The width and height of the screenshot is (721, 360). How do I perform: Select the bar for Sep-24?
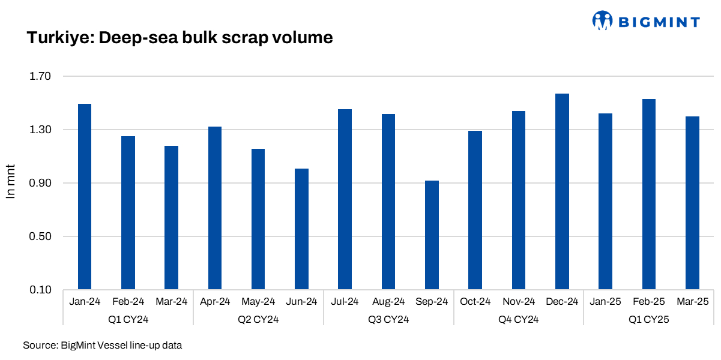tap(432, 235)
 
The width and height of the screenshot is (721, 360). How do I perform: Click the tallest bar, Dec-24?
tap(562, 192)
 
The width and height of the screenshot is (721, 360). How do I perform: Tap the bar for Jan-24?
tap(85, 197)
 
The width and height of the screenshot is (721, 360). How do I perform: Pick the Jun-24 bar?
tap(301, 229)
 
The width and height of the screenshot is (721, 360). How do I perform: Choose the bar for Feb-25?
tap(649, 194)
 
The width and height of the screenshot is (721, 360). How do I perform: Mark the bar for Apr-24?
tap(215, 208)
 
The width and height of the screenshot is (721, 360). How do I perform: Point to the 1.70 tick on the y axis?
tap(41, 77)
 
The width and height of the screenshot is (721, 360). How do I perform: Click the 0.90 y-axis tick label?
tap(41, 184)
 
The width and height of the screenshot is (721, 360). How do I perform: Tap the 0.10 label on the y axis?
tap(41, 290)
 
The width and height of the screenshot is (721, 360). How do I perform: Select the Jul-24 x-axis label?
tap(345, 302)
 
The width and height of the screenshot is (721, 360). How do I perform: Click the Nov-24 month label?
tap(519, 302)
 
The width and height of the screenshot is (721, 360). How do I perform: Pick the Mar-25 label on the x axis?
tap(692, 302)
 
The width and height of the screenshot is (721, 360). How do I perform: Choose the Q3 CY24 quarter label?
tap(388, 320)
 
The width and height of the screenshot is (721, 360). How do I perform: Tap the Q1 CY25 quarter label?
tap(649, 320)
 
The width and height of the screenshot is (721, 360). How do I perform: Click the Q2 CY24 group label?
tap(258, 320)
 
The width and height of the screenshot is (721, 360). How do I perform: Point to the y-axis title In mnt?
tap(10, 181)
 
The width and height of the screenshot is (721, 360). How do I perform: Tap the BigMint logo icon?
tap(602, 21)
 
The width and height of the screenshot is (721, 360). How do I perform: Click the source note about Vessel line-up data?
tap(102, 346)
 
